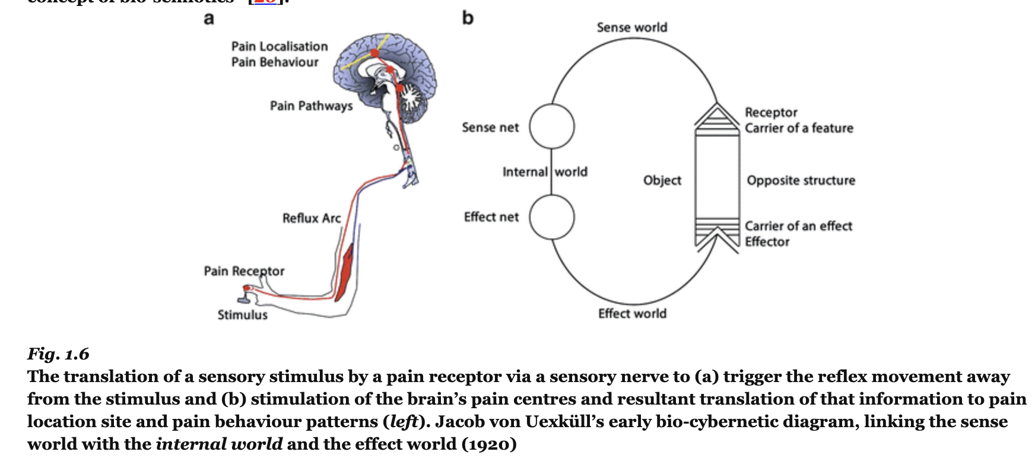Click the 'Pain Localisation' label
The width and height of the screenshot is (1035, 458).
point(280,46)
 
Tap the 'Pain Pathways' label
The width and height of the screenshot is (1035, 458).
point(311,106)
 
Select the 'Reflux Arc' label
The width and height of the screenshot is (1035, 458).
point(312,218)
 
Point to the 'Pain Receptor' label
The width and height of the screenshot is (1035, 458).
point(244,271)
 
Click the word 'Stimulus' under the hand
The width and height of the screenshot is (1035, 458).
point(242,315)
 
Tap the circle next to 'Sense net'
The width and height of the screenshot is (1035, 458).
point(552,126)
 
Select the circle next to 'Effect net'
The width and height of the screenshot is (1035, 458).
point(552,217)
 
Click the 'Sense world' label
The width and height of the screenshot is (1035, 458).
point(632,27)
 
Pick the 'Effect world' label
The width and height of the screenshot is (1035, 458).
point(632,313)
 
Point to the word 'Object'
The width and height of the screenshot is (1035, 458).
point(662,180)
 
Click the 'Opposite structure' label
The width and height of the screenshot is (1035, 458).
point(801,180)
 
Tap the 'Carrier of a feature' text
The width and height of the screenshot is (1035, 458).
point(799,128)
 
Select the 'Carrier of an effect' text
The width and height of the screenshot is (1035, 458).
point(798,226)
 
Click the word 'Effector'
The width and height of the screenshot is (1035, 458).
point(767,242)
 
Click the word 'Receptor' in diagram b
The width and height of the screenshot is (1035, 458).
point(771,112)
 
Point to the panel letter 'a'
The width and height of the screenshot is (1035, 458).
point(209,18)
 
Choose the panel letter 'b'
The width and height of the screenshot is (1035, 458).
point(468,18)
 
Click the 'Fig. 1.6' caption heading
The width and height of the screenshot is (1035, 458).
point(58,354)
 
